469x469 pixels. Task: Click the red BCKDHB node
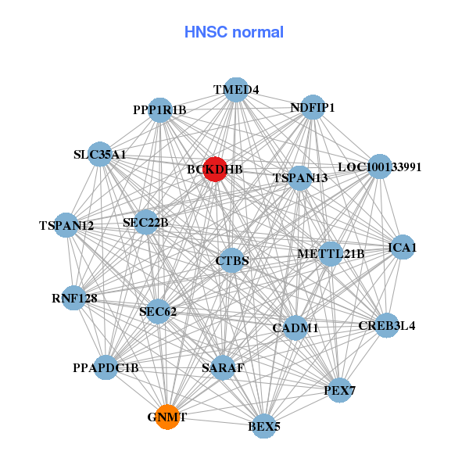215,169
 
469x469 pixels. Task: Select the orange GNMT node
166,417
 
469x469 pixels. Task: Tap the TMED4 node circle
236,90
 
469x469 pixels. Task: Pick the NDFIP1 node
313,107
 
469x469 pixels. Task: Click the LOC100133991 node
379,166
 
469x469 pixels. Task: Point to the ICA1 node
403,248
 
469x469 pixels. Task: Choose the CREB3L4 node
386,325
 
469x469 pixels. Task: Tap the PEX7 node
339,390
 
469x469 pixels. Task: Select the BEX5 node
264,426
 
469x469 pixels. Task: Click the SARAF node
224,367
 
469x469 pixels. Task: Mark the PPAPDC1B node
106,367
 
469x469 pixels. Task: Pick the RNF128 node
73,298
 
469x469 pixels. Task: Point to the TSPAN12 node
67,226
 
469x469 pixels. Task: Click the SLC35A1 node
99,155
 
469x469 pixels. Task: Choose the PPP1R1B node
159,110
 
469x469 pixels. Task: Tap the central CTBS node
232,260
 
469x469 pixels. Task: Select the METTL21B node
331,254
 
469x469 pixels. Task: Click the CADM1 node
295,328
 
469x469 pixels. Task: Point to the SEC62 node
158,312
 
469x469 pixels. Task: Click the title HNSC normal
234,32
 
